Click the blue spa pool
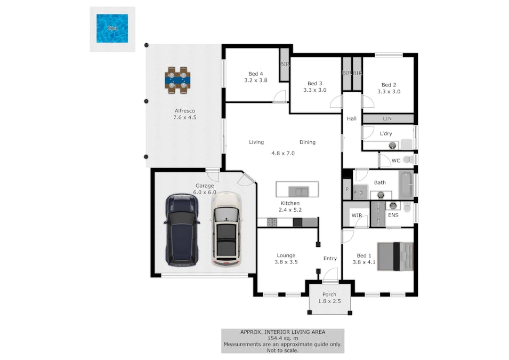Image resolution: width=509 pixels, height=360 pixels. [112, 28]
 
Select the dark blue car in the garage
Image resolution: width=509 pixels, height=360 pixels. [182, 230]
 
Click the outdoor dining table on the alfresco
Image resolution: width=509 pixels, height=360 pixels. [177, 81]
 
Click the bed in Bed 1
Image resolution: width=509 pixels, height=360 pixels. [395, 257]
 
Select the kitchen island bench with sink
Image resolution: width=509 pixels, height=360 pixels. [297, 190]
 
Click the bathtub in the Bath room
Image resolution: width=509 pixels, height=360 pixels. [406, 185]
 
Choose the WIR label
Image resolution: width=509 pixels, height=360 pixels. [356, 215]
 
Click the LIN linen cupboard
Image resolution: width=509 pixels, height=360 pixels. [387, 118]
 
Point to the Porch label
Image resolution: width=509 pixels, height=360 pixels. [329, 294]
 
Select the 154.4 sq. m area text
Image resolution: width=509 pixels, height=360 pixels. [282, 338]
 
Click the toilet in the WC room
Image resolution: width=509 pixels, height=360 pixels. [409, 159]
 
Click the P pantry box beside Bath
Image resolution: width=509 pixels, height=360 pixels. [347, 189]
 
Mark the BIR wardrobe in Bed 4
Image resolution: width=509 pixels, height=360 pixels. [285, 64]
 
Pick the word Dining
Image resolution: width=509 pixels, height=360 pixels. [308, 142]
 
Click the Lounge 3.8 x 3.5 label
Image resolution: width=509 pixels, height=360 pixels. [286, 259]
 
